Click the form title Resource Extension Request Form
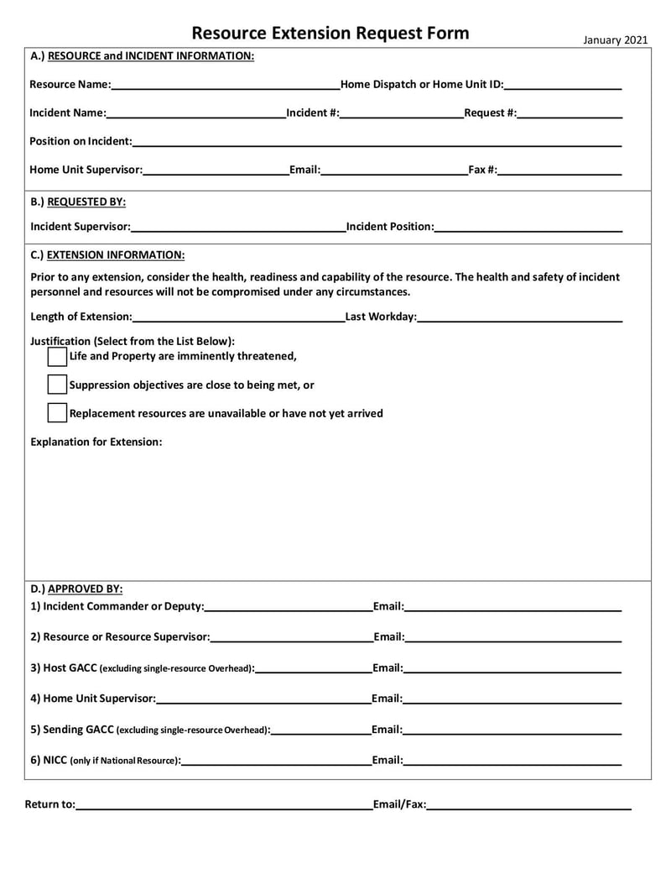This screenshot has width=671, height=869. coord(330,34)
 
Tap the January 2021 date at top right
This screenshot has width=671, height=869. coord(614,39)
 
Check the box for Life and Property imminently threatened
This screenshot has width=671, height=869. coord(57,356)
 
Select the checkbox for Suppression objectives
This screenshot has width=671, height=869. coord(57,385)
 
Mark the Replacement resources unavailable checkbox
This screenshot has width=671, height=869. coord(57,413)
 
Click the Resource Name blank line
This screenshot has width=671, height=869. coord(225,85)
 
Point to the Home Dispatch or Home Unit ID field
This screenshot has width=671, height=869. coord(563,85)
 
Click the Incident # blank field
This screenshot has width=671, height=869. coord(402,113)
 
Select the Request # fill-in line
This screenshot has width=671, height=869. coord(570,113)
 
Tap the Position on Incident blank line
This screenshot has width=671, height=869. coord(377,142)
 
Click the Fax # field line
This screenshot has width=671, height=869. coord(559,170)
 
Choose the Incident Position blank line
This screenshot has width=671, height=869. coord(528,227)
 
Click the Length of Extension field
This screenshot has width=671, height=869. coord(238,317)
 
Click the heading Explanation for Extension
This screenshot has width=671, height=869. coord(96,442)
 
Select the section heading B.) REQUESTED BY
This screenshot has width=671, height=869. coord(78,202)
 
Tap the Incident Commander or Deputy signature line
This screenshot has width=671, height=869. coord(289,607)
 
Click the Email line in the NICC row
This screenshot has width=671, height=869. coord(512,762)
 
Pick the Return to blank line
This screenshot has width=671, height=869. coord(224,806)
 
